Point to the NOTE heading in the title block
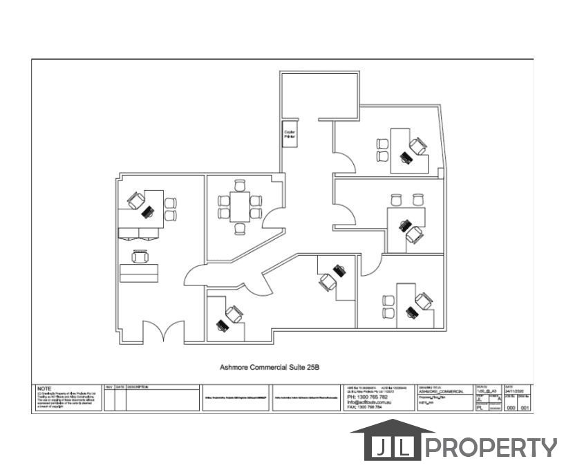pos(44,388)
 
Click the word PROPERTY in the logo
pos(491,448)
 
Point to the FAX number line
pos(364,407)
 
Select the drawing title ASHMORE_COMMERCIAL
pos(442,392)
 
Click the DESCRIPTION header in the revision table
pos(138,387)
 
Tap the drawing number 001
pos(525,408)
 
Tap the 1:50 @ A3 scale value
pos(488,391)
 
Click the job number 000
pos(511,408)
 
